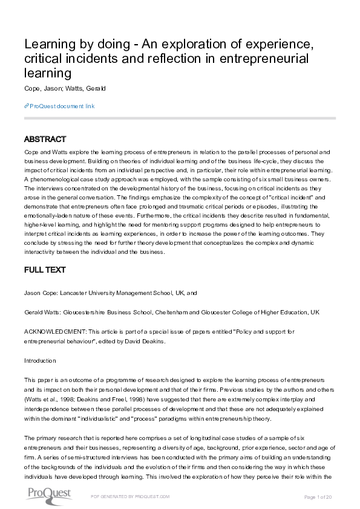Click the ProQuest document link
pyautogui.click(x=62, y=106)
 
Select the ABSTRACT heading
pyautogui.click(x=45, y=139)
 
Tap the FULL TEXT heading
pyautogui.click(x=45, y=270)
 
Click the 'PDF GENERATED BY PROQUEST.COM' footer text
pyautogui.click(x=130, y=496)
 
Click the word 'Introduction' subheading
pyautogui.click(x=40, y=361)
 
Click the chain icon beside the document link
pyautogui.click(x=27, y=106)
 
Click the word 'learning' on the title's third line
pyautogui.click(x=48, y=74)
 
